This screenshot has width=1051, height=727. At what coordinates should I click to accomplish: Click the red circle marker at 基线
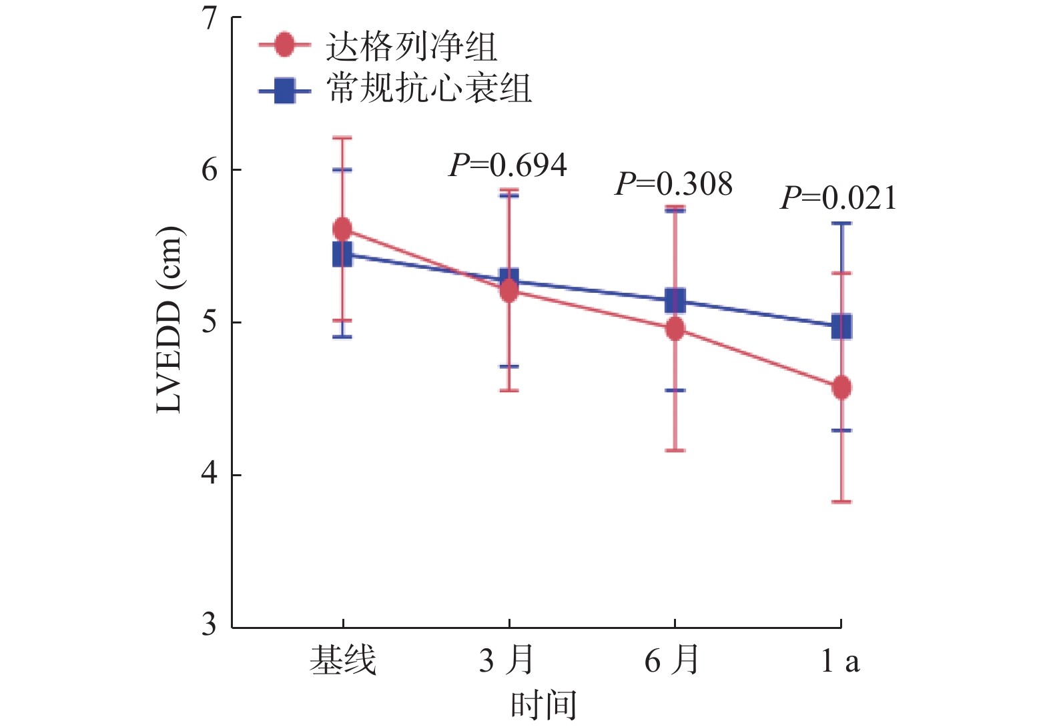[342, 229]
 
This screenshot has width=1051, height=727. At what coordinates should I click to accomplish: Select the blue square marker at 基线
[342, 254]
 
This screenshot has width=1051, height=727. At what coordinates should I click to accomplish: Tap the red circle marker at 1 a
[841, 388]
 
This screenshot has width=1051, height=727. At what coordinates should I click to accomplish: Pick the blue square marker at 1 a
[841, 327]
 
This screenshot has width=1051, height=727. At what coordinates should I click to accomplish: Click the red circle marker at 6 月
[675, 329]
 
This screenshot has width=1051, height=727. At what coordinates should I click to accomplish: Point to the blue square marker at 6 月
[675, 301]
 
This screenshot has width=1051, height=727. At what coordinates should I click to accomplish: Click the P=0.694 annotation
[508, 165]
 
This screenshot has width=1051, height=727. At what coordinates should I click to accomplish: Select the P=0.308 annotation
[673, 184]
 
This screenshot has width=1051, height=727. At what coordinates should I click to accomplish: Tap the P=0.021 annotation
[839, 198]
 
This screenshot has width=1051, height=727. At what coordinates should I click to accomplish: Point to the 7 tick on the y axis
[211, 18]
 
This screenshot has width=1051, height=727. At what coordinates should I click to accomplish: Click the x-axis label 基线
[342, 660]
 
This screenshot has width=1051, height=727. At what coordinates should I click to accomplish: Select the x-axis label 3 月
[506, 660]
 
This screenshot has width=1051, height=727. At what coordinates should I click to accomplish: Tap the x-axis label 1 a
[839, 660]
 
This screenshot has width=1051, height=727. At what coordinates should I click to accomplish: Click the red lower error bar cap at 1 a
[841, 502]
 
